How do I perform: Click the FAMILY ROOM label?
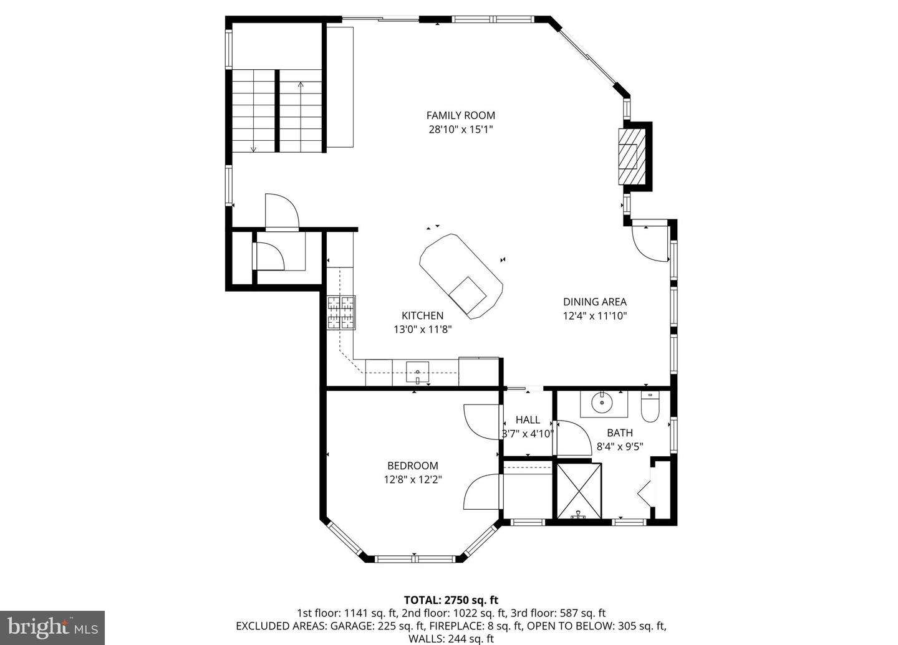click(x=460, y=115)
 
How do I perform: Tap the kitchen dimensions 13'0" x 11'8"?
click(x=422, y=330)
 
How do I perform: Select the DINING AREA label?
click(x=594, y=302)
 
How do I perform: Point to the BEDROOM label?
click(x=412, y=466)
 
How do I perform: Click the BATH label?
click(x=619, y=432)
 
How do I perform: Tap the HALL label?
click(x=528, y=420)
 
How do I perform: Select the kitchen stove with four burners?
click(x=341, y=312)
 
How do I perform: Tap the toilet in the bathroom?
click(x=650, y=405)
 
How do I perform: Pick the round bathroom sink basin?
click(x=602, y=403)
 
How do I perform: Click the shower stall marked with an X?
click(x=579, y=490)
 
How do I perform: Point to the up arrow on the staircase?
click(x=301, y=86)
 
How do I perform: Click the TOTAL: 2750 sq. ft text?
click(x=451, y=601)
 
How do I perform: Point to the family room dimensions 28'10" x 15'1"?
click(x=461, y=130)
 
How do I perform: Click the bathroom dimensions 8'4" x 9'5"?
click(x=619, y=446)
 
